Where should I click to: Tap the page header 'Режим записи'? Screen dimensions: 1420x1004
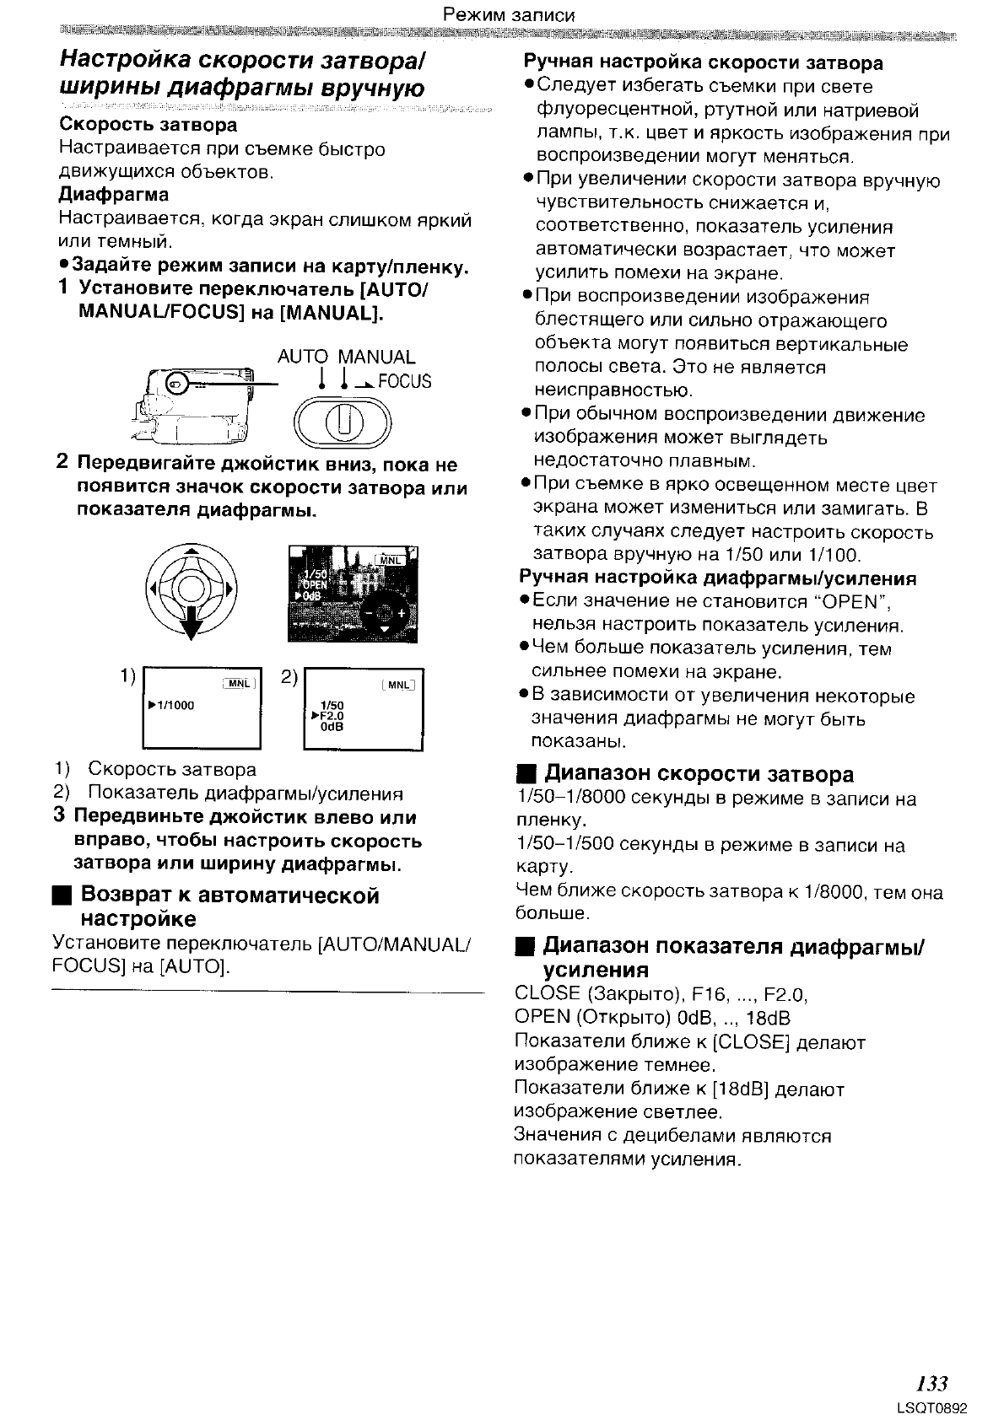coord(509,14)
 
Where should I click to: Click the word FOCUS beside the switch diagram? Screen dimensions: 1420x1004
coord(404,382)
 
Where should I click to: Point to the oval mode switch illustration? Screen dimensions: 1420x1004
coord(343,421)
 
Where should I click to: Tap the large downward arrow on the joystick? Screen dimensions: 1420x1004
coord(193,622)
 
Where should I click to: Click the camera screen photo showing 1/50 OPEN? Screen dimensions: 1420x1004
coord(353,594)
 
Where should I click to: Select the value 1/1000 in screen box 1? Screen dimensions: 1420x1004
coord(174,705)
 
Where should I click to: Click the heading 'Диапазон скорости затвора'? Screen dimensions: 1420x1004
coord(699,774)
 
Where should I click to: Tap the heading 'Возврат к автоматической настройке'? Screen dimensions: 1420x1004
coord(229,906)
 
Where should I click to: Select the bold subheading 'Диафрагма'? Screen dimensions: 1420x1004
coord(114,195)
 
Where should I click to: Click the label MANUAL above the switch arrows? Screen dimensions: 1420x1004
coord(376,357)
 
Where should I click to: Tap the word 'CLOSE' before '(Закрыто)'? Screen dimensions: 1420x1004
coord(547,994)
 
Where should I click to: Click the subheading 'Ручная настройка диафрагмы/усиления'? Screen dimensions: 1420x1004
coord(717,578)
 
